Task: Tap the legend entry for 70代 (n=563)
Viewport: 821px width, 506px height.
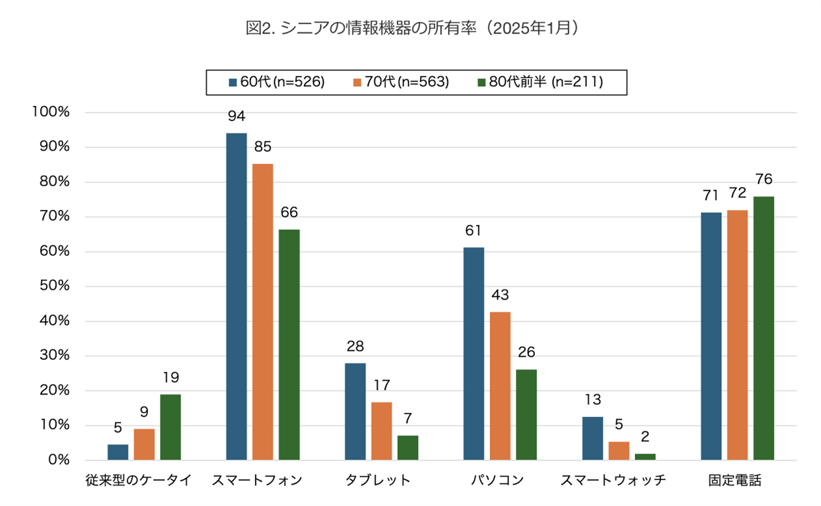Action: point(401,82)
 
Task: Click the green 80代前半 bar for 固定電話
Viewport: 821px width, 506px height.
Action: point(764,328)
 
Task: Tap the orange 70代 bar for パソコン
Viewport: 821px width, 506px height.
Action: point(500,386)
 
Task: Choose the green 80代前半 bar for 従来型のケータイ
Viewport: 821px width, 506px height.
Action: point(170,427)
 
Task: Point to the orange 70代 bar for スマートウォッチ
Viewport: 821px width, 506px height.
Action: point(618,451)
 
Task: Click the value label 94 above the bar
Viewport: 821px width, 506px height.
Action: point(237,116)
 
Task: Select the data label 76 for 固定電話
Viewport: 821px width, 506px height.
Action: point(764,180)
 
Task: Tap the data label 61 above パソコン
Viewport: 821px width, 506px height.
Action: point(473,230)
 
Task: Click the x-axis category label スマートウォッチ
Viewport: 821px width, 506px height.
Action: point(612,480)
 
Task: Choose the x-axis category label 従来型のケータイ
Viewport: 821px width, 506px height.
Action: point(139,480)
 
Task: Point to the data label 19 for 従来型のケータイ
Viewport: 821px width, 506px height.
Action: point(170,377)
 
